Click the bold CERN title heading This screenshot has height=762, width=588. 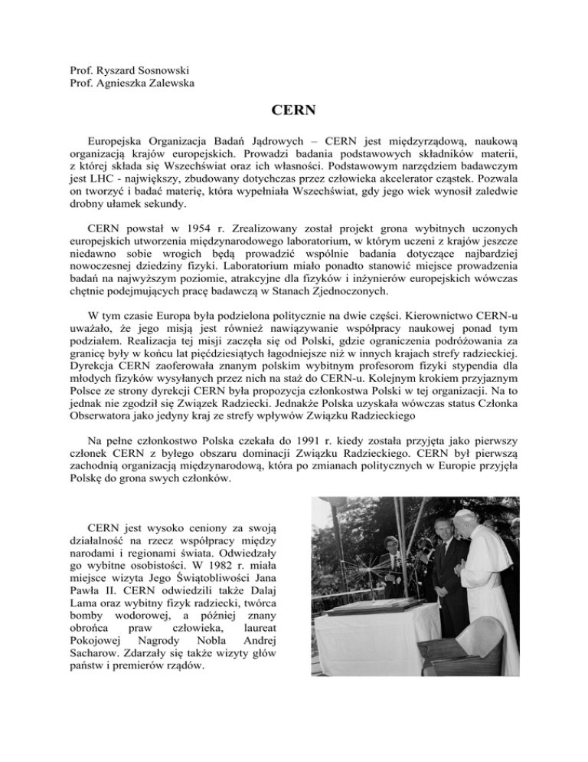(293, 110)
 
